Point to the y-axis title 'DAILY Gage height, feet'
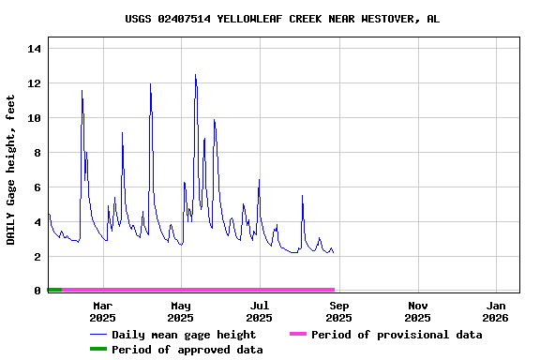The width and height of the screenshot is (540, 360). click(11, 170)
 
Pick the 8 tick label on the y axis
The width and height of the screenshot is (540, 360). click(37, 153)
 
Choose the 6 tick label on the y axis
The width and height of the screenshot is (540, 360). click(37, 187)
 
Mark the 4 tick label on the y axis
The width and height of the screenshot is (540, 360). click(37, 222)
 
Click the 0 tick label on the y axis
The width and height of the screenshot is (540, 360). click(37, 291)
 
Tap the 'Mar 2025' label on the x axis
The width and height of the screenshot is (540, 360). click(102, 311)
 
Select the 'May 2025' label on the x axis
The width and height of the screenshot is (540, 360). click(181, 311)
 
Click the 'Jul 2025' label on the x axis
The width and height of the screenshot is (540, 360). click(260, 311)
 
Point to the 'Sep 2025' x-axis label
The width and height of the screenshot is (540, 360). click(339, 311)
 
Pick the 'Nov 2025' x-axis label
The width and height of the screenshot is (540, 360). click(418, 311)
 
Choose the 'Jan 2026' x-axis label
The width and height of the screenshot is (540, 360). click(497, 311)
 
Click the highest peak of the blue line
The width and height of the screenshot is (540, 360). click(195, 75)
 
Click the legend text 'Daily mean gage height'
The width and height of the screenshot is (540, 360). click(184, 335)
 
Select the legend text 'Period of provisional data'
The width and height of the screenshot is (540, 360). click(397, 335)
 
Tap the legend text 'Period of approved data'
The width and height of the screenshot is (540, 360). click(187, 350)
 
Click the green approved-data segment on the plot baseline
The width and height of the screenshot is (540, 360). click(54, 290)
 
